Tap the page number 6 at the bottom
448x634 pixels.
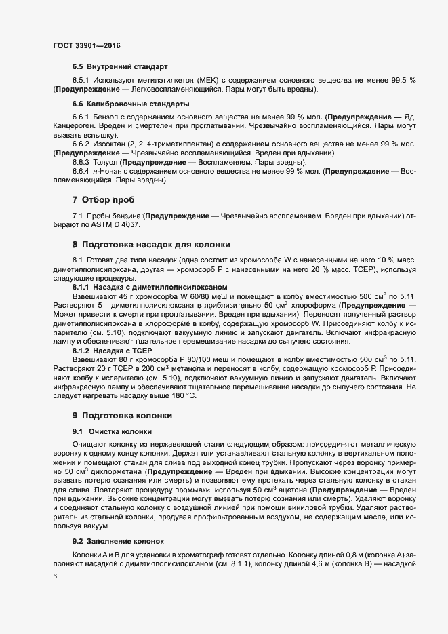tap(54, 576)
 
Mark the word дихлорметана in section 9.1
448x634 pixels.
tap(116, 469)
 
